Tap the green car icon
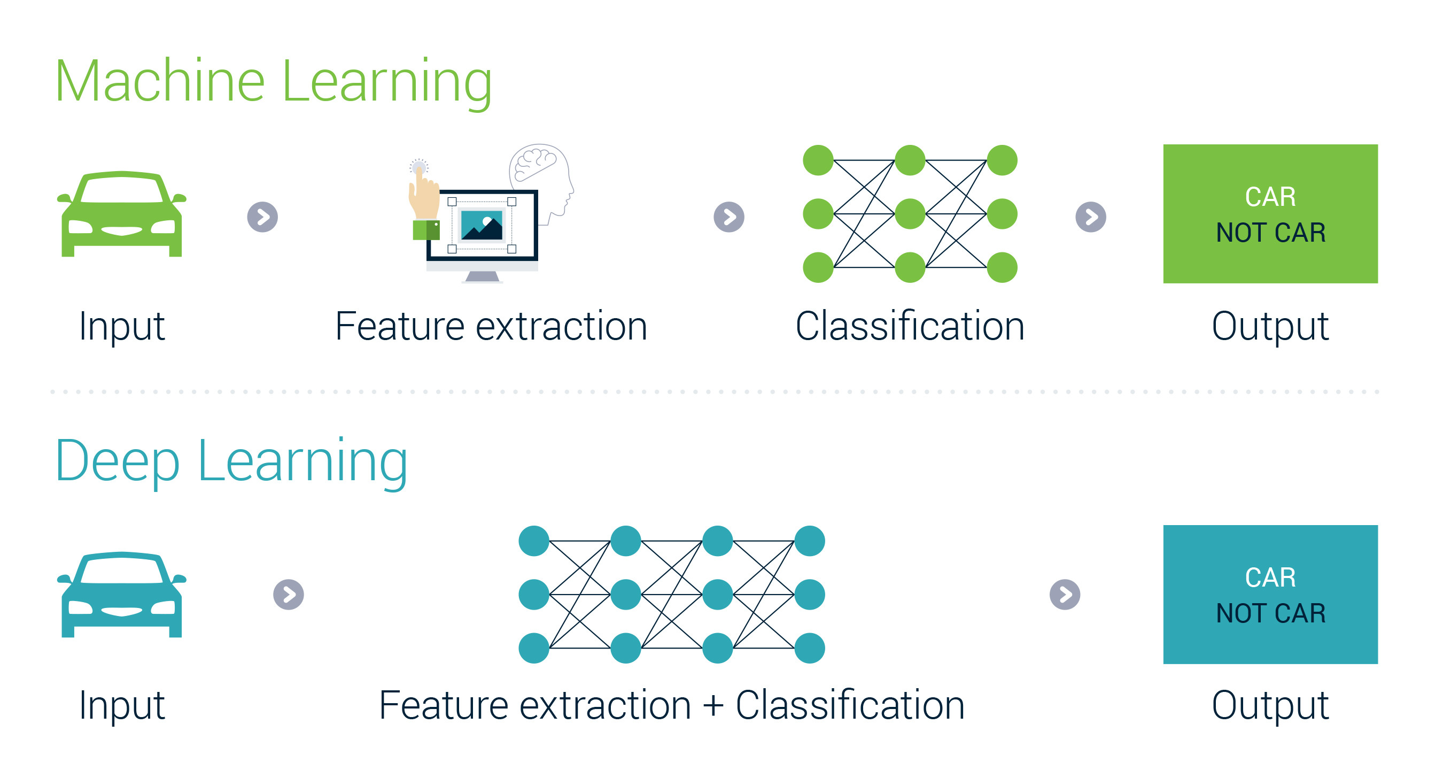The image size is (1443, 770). pos(121,214)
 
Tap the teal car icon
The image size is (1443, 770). pos(121,595)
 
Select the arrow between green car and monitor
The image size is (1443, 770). pos(263,217)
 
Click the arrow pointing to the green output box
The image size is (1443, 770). pos(1091,217)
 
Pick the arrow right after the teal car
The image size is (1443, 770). pos(289,595)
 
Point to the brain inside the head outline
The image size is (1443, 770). pos(536,161)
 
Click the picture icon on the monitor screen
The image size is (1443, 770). pos(482,225)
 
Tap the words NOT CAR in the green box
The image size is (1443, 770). pos(1270,233)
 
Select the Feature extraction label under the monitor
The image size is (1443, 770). pos(491,326)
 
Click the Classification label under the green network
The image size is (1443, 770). pos(910,326)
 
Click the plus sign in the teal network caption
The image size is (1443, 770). pos(713,705)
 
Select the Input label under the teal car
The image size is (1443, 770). pos(121,705)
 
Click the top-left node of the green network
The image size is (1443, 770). pos(818,160)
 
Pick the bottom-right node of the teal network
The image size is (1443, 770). pos(810,649)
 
